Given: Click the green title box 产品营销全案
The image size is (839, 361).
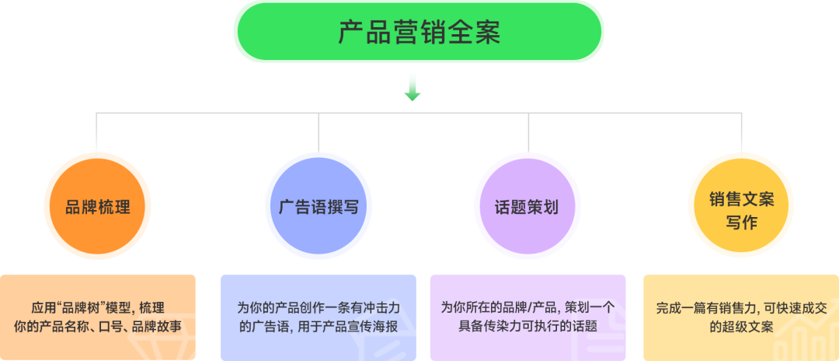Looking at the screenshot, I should pyautogui.click(x=419, y=32).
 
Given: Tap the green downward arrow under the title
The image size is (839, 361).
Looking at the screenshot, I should pyautogui.click(x=413, y=88).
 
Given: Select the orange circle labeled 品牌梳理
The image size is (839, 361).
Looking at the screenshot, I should pyautogui.click(x=98, y=207).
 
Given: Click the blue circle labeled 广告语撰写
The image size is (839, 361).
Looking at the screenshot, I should pyautogui.click(x=319, y=207).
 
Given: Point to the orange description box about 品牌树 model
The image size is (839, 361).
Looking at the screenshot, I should pyautogui.click(x=98, y=317).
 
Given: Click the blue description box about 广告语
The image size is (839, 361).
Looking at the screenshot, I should pyautogui.click(x=319, y=317).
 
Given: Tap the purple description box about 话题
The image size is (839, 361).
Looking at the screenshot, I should pyautogui.click(x=527, y=317).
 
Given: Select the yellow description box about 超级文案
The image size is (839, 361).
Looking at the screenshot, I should pyautogui.click(x=741, y=317).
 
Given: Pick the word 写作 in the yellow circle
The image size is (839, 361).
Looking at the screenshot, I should pyautogui.click(x=741, y=223).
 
